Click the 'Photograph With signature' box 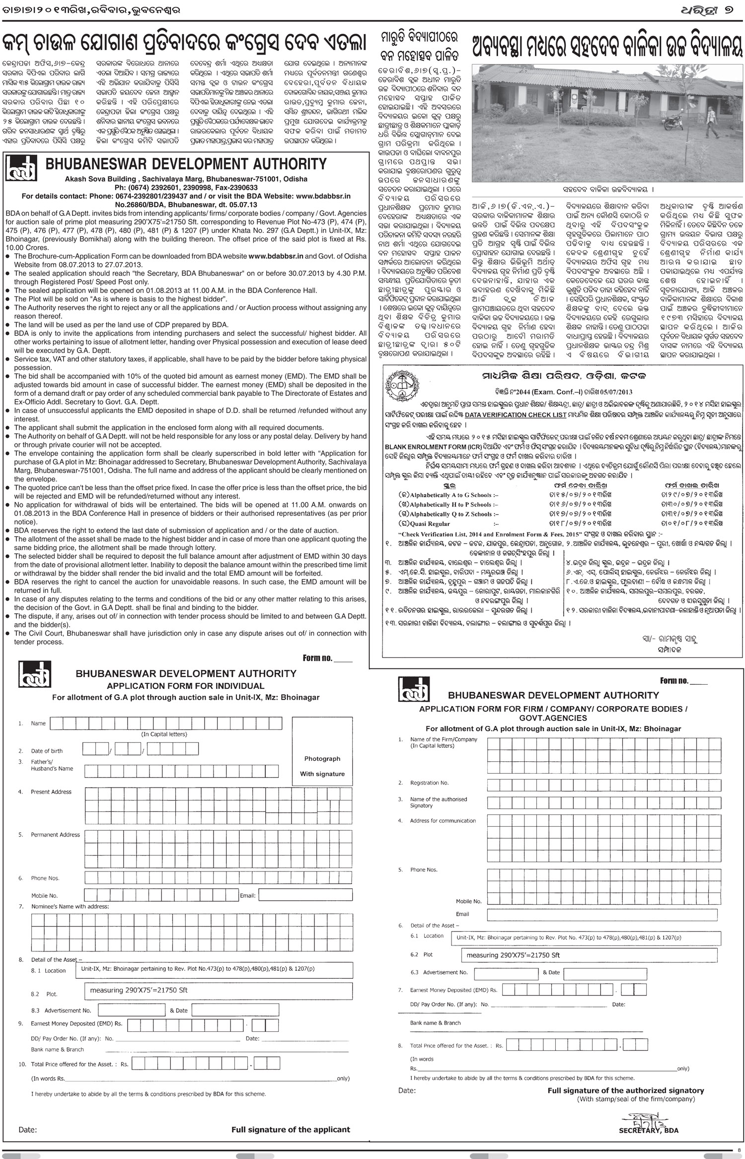pyautogui.click(x=322, y=766)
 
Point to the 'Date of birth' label pyautogui.click(x=47, y=751)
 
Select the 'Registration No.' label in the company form pyautogui.click(x=429, y=783)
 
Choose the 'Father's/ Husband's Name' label pyautogui.click(x=52, y=765)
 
